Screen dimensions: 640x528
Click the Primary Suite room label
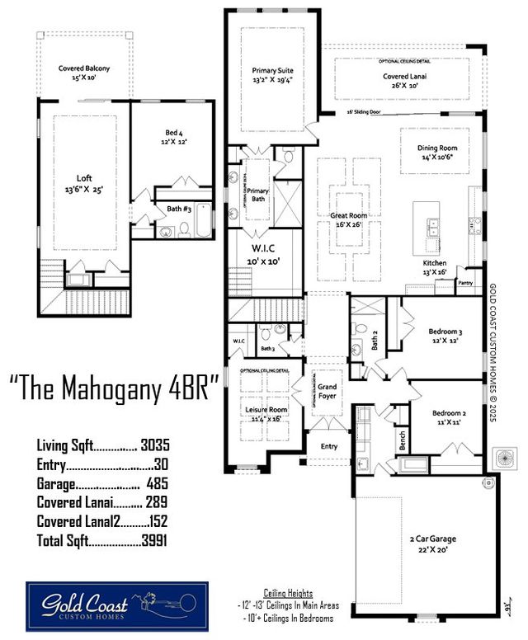tap(272, 71)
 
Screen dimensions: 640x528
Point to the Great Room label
tap(349, 215)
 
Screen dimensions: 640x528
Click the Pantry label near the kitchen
tap(467, 282)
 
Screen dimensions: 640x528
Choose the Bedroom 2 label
tap(447, 414)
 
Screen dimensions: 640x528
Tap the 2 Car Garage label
tap(433, 539)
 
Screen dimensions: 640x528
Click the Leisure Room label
tap(266, 409)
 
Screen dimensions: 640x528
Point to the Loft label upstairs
tap(84, 177)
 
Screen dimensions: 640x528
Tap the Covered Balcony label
tap(83, 68)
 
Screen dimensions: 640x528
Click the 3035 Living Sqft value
tap(155, 445)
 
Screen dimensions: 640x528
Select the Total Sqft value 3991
tap(155, 541)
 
